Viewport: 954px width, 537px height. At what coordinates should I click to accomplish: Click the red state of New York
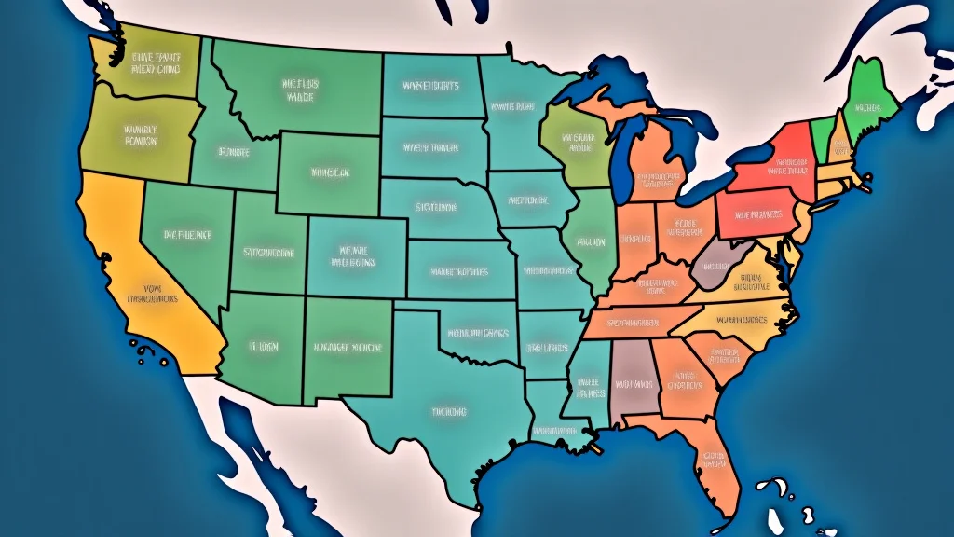[778, 163]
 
